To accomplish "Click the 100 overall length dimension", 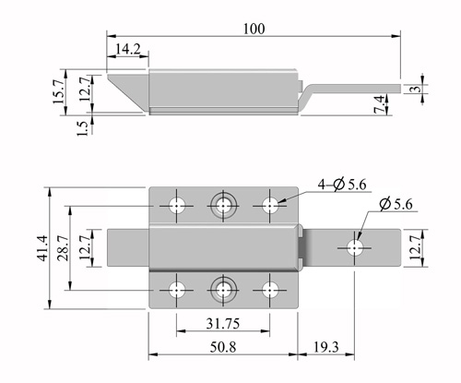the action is point(254,29).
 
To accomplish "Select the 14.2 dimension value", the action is point(128,49).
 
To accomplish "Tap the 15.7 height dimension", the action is point(59,90).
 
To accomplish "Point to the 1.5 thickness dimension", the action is point(82,128).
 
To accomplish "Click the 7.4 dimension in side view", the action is point(379,104).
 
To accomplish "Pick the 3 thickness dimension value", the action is point(417,89).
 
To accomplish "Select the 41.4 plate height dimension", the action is point(42,248).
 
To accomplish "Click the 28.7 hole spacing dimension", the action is point(64,248).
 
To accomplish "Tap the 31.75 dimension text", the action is point(222,324).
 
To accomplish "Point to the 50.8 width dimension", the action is point(223,347).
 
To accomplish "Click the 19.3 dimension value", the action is point(325,347).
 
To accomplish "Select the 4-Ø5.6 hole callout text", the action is point(342,185).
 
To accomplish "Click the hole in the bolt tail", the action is point(354,248).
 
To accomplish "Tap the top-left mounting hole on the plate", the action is point(177,206).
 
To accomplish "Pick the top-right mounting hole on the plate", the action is point(270,206).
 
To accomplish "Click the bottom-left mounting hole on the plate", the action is point(177,290).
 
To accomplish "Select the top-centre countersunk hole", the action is point(223,205).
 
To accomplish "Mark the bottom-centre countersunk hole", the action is point(223,290).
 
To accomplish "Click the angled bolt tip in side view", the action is point(127,91).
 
